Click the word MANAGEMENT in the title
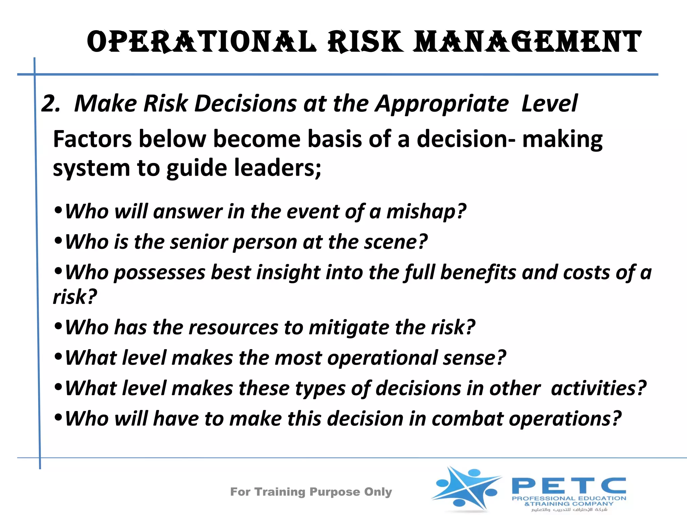[x=527, y=42]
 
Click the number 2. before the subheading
[x=51, y=103]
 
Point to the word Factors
[x=93, y=139]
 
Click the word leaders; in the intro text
[x=277, y=168]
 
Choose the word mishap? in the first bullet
[x=426, y=212]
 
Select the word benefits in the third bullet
[x=478, y=272]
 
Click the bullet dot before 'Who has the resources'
[x=58, y=326]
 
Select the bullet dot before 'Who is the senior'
[x=58, y=240]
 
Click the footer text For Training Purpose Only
[x=311, y=492]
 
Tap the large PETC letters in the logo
[x=569, y=485]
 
